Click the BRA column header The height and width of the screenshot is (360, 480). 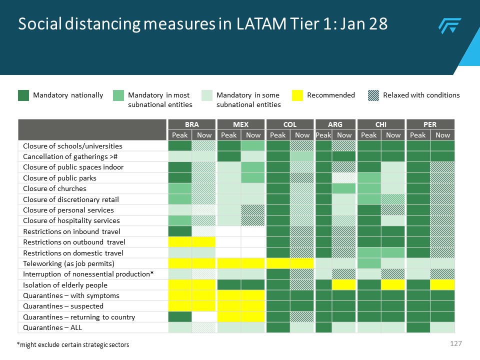tap(191, 124)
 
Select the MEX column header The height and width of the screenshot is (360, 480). tap(240, 124)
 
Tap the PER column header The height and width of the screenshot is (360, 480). tap(430, 124)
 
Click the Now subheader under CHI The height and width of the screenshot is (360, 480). tap(393, 135)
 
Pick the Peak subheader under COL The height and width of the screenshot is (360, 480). tap(277, 135)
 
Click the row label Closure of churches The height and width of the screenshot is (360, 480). tap(54, 188)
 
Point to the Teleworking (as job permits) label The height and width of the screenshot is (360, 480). tap(68, 263)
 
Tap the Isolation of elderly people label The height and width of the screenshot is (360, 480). tap(65, 285)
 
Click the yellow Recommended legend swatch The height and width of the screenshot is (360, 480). tap(297, 95)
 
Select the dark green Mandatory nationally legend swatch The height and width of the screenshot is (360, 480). tap(23, 95)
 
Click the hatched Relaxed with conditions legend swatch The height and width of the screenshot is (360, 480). tap(373, 95)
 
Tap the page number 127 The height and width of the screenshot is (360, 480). tap(455, 344)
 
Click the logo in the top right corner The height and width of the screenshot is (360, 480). tap(449, 25)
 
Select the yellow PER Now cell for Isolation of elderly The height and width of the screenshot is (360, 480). tap(442, 285)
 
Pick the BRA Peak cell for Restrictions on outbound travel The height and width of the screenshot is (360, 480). tap(180, 242)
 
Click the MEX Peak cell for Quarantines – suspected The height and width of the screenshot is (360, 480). tap(228, 306)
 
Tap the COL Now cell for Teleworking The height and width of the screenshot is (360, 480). tap(301, 263)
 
